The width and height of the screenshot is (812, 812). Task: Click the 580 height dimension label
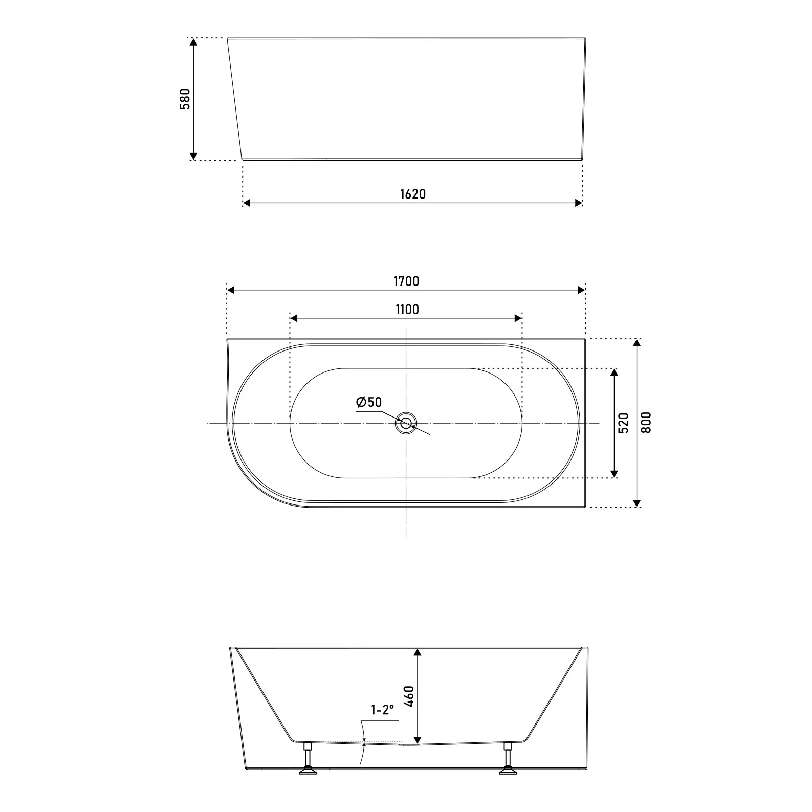tap(185, 99)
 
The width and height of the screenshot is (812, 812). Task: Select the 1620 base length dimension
tap(412, 194)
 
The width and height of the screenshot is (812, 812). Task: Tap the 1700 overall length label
tap(406, 281)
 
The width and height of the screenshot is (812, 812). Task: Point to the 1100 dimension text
tap(407, 309)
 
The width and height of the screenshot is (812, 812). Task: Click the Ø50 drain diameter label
tap(369, 402)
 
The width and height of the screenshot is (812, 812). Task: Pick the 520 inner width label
tap(623, 423)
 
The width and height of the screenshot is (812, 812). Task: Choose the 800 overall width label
tap(646, 423)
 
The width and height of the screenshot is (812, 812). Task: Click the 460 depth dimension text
tap(408, 696)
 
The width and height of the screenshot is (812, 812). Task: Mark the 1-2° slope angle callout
tap(383, 710)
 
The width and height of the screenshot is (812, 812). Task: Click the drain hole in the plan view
tap(406, 423)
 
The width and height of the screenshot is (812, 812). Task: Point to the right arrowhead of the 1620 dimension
tap(579, 203)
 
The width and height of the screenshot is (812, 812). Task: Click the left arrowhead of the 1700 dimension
tap(231, 290)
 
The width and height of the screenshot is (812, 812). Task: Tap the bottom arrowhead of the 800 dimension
tap(637, 503)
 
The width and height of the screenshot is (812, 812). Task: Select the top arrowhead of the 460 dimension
tap(418, 652)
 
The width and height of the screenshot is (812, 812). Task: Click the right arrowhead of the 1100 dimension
tap(518, 318)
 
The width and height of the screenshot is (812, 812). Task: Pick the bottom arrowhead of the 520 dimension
tap(615, 474)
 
